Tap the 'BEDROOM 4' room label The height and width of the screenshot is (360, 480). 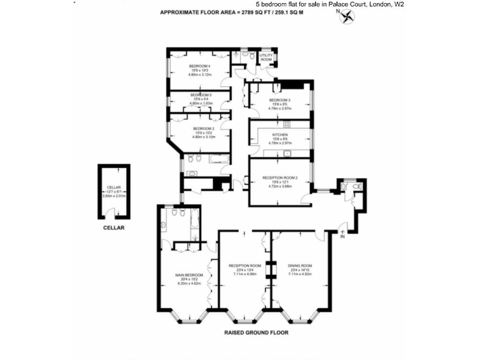point(200,66)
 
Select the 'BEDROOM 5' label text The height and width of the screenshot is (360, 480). point(200,94)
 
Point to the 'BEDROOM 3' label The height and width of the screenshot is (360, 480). point(279,100)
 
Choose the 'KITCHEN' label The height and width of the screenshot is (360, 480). point(279,134)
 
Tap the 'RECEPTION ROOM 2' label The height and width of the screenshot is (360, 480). point(279,177)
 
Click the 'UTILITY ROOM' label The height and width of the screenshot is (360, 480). point(266,57)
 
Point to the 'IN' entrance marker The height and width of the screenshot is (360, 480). point(342,236)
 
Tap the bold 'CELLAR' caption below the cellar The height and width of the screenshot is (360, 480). point(114,227)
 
